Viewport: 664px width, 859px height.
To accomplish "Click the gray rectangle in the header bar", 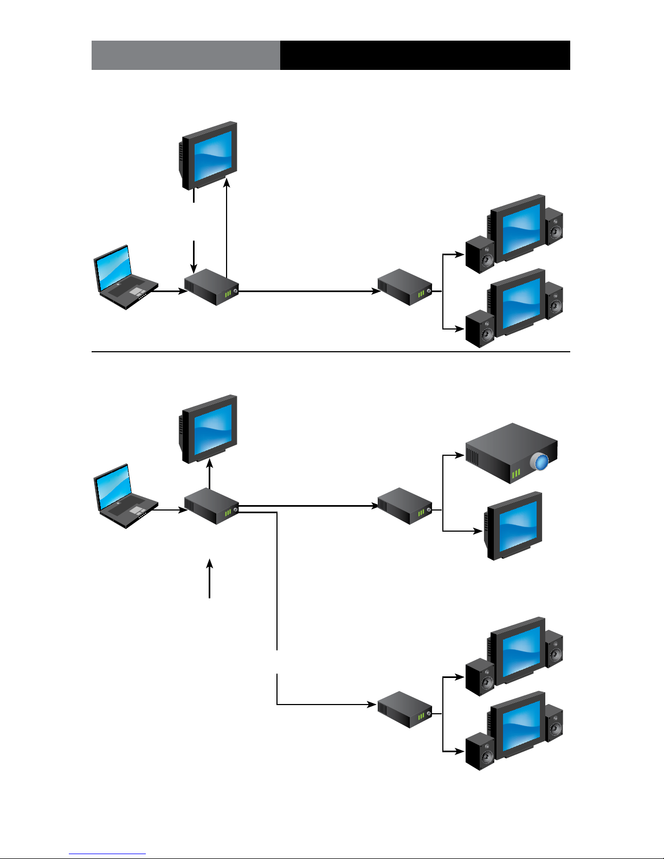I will [185, 55].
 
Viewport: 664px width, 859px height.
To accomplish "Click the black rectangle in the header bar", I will [425, 55].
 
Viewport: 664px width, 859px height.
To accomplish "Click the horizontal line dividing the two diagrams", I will [331, 352].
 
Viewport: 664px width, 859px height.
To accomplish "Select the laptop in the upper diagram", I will [125, 277].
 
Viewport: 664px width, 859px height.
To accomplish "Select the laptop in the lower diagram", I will [125, 496].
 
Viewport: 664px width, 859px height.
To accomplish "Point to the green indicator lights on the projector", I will [515, 474].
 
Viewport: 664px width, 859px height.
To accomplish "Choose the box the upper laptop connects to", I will [211, 287].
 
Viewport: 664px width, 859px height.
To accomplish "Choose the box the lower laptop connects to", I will [211, 506].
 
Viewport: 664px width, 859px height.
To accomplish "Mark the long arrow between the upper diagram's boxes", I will [309, 291].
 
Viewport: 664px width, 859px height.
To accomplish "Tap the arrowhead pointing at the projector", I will [460, 455].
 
